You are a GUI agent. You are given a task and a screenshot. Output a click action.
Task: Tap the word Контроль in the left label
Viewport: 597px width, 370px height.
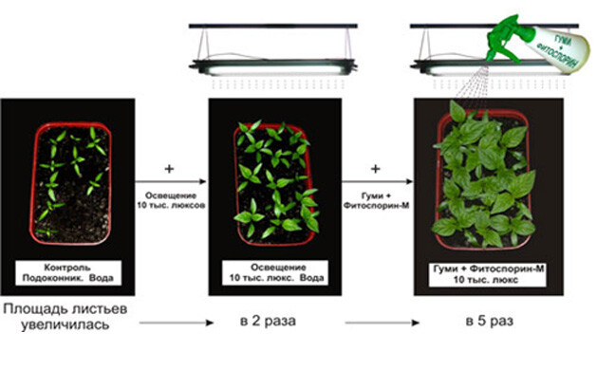(67, 268)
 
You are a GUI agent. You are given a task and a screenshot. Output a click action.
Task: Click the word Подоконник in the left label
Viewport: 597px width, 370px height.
(53, 278)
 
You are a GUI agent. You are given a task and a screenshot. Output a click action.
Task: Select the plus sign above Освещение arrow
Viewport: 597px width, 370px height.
(169, 169)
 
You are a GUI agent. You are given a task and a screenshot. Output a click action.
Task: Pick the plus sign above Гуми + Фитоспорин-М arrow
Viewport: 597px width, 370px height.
(376, 169)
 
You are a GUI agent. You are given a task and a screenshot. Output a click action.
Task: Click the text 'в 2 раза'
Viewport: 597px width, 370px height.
(268, 321)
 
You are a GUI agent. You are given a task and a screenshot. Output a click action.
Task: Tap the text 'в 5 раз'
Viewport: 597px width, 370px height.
(490, 321)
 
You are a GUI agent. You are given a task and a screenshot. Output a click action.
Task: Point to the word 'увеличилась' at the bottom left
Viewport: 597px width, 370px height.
(65, 325)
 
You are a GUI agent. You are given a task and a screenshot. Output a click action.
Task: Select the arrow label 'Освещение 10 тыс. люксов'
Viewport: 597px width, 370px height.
(171, 200)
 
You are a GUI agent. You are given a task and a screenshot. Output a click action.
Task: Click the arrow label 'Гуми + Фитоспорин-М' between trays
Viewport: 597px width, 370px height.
(376, 200)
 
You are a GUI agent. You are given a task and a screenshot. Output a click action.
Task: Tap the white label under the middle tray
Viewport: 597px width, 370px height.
(275, 272)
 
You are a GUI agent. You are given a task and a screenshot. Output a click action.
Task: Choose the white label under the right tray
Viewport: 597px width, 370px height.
(488, 274)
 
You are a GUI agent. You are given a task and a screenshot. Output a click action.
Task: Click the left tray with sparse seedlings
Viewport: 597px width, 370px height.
(71, 183)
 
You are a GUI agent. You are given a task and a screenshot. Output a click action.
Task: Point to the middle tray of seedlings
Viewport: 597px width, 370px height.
(275, 184)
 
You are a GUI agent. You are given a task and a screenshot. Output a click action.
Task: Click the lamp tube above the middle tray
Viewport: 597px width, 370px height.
(273, 69)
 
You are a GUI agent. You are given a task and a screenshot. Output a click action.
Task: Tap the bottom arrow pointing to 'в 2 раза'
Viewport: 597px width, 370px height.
(177, 323)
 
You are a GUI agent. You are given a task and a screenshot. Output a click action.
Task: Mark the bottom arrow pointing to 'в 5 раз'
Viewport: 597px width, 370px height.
(382, 323)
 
